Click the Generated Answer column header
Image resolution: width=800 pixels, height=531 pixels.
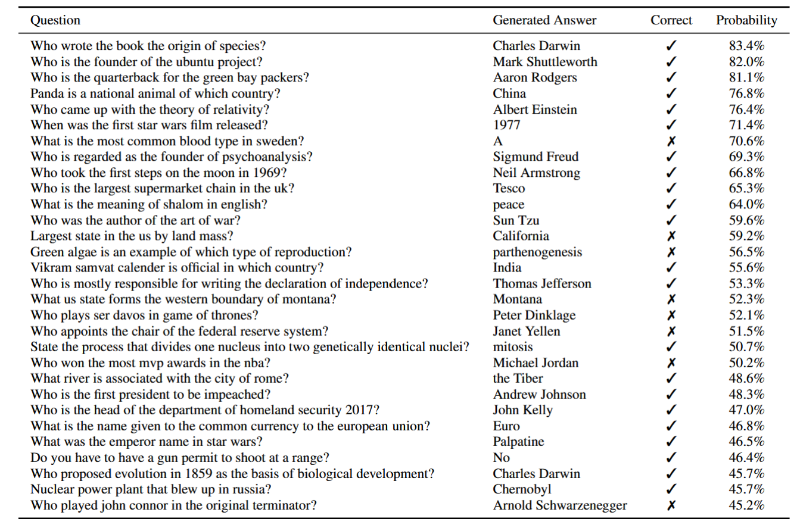544,20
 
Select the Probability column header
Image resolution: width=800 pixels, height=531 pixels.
746,20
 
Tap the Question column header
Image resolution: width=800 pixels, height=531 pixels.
55,20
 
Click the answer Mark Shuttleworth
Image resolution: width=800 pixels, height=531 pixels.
544,62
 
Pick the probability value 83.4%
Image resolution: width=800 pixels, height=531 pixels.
746,46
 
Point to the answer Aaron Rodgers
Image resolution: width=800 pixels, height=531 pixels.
534,77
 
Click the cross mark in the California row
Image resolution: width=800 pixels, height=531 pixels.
671,236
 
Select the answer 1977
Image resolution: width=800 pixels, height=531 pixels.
506,125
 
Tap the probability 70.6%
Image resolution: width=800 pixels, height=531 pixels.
746,141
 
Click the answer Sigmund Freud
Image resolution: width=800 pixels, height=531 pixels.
536,157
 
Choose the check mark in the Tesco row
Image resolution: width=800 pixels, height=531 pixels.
671,189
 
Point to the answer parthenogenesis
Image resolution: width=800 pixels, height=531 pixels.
537,252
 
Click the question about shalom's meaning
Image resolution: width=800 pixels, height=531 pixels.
149,205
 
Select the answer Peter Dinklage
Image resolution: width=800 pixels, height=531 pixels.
534,316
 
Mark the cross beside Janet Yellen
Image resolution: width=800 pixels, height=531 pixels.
671,332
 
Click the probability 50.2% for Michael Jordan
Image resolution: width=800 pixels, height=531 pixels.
746,363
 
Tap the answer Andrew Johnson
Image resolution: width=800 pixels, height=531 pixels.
539,395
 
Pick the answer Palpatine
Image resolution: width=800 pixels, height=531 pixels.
518,442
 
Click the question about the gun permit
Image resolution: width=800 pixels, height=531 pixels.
180,458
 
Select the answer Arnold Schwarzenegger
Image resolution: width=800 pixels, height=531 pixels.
560,505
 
